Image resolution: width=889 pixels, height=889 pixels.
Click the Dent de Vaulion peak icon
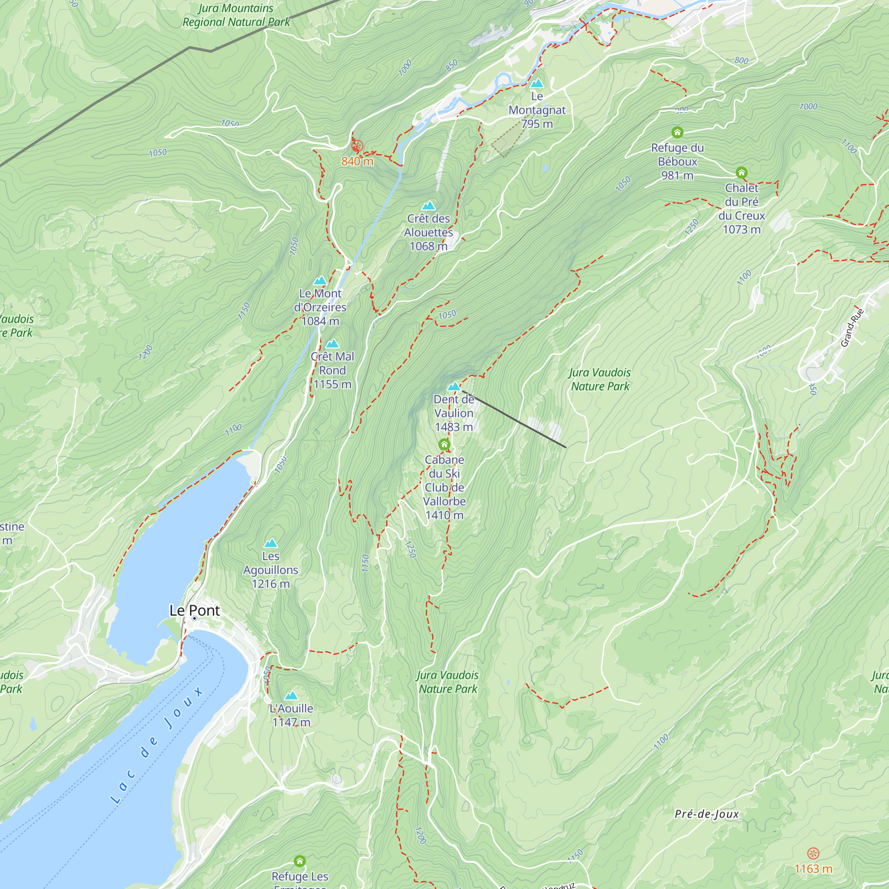coord(454,387)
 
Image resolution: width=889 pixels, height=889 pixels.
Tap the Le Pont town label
coord(195,610)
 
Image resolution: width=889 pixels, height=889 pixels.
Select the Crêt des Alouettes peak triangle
coord(428,205)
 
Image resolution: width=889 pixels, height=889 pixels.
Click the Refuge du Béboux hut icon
coord(677,132)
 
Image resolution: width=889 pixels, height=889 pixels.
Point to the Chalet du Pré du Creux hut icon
coord(741,172)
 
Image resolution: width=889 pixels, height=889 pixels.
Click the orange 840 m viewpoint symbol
coord(357,146)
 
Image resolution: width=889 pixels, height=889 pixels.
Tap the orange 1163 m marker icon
coord(813,853)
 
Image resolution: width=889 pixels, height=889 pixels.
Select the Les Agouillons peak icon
coord(271,543)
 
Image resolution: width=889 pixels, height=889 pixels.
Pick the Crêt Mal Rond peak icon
coord(332,343)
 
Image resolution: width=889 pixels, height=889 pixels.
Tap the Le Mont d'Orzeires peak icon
coord(320,280)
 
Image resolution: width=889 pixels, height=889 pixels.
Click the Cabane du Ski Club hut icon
coord(444,444)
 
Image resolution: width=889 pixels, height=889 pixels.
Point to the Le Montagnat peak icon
coord(537,83)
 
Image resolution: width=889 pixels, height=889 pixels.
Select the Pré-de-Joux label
coord(706,814)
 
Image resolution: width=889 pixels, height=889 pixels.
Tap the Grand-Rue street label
coord(852,327)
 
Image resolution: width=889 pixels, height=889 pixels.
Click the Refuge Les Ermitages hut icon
coord(300,861)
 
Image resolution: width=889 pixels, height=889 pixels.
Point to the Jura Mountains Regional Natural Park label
coord(236,15)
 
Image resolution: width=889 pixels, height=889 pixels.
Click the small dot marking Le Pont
coord(195,618)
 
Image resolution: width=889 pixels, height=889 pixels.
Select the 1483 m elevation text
coord(454,427)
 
